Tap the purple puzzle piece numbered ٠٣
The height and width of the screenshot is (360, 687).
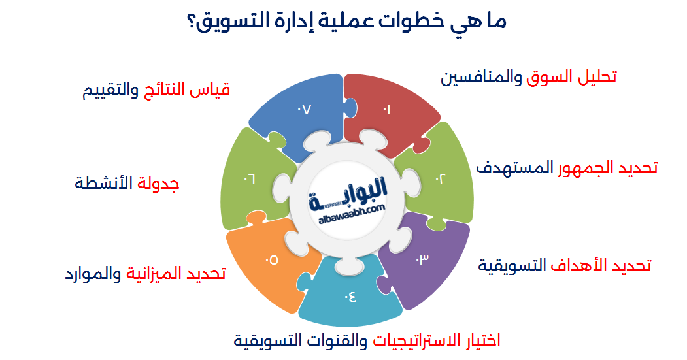click(x=422, y=258)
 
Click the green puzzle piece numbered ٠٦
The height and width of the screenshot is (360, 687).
click(x=248, y=176)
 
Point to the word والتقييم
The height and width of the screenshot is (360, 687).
click(x=110, y=90)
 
